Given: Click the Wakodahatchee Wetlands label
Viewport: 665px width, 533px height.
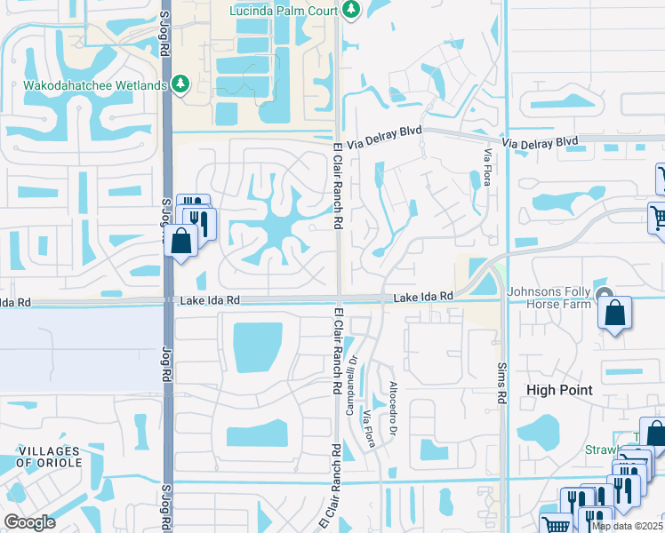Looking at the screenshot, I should pos(84,84).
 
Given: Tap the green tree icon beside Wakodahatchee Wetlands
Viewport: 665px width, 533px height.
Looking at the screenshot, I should pos(182,84).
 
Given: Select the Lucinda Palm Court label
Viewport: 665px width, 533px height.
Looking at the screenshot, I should pos(284,10).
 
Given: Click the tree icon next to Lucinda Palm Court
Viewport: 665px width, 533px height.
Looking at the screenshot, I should pos(352,9).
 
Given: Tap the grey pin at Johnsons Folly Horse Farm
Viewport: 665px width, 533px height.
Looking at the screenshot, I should pos(605,296).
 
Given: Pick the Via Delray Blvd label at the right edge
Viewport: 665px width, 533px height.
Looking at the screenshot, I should pos(540,142).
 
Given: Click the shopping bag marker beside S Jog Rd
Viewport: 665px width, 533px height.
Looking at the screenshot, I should pos(181,241).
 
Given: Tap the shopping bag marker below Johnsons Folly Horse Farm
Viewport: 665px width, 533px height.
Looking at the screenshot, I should pos(614,313).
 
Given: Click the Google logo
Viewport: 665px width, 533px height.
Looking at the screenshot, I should pos(30,522).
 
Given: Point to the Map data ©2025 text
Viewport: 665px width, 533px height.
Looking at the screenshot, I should pos(626,526).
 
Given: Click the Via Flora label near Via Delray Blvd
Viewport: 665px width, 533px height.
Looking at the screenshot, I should pos(487,167).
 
